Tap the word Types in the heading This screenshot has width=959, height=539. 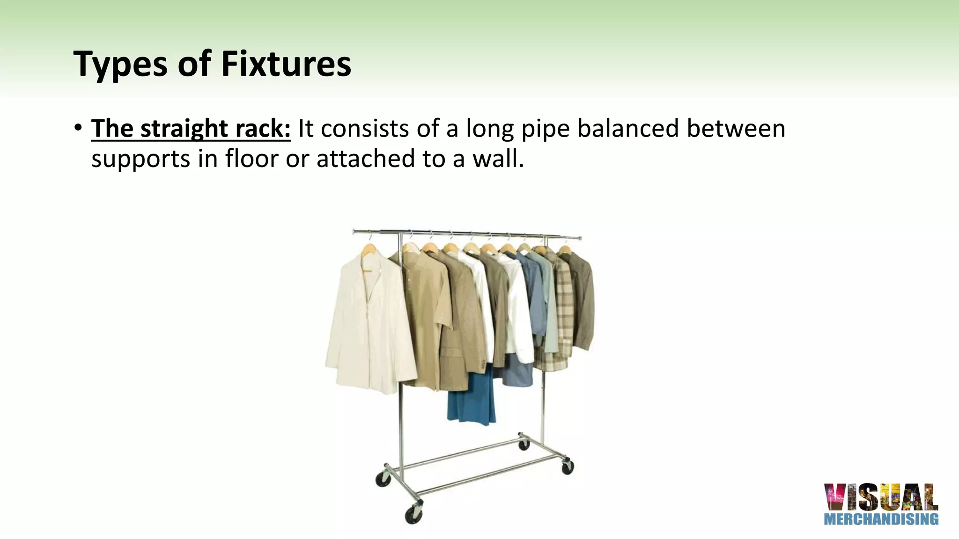(x=120, y=65)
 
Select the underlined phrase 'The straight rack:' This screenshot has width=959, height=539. (x=191, y=129)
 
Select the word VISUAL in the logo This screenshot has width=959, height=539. (x=881, y=497)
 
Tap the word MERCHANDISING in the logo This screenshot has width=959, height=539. (x=881, y=519)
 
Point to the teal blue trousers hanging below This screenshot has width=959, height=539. (x=471, y=398)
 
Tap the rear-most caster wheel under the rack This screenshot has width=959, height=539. (x=524, y=444)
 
